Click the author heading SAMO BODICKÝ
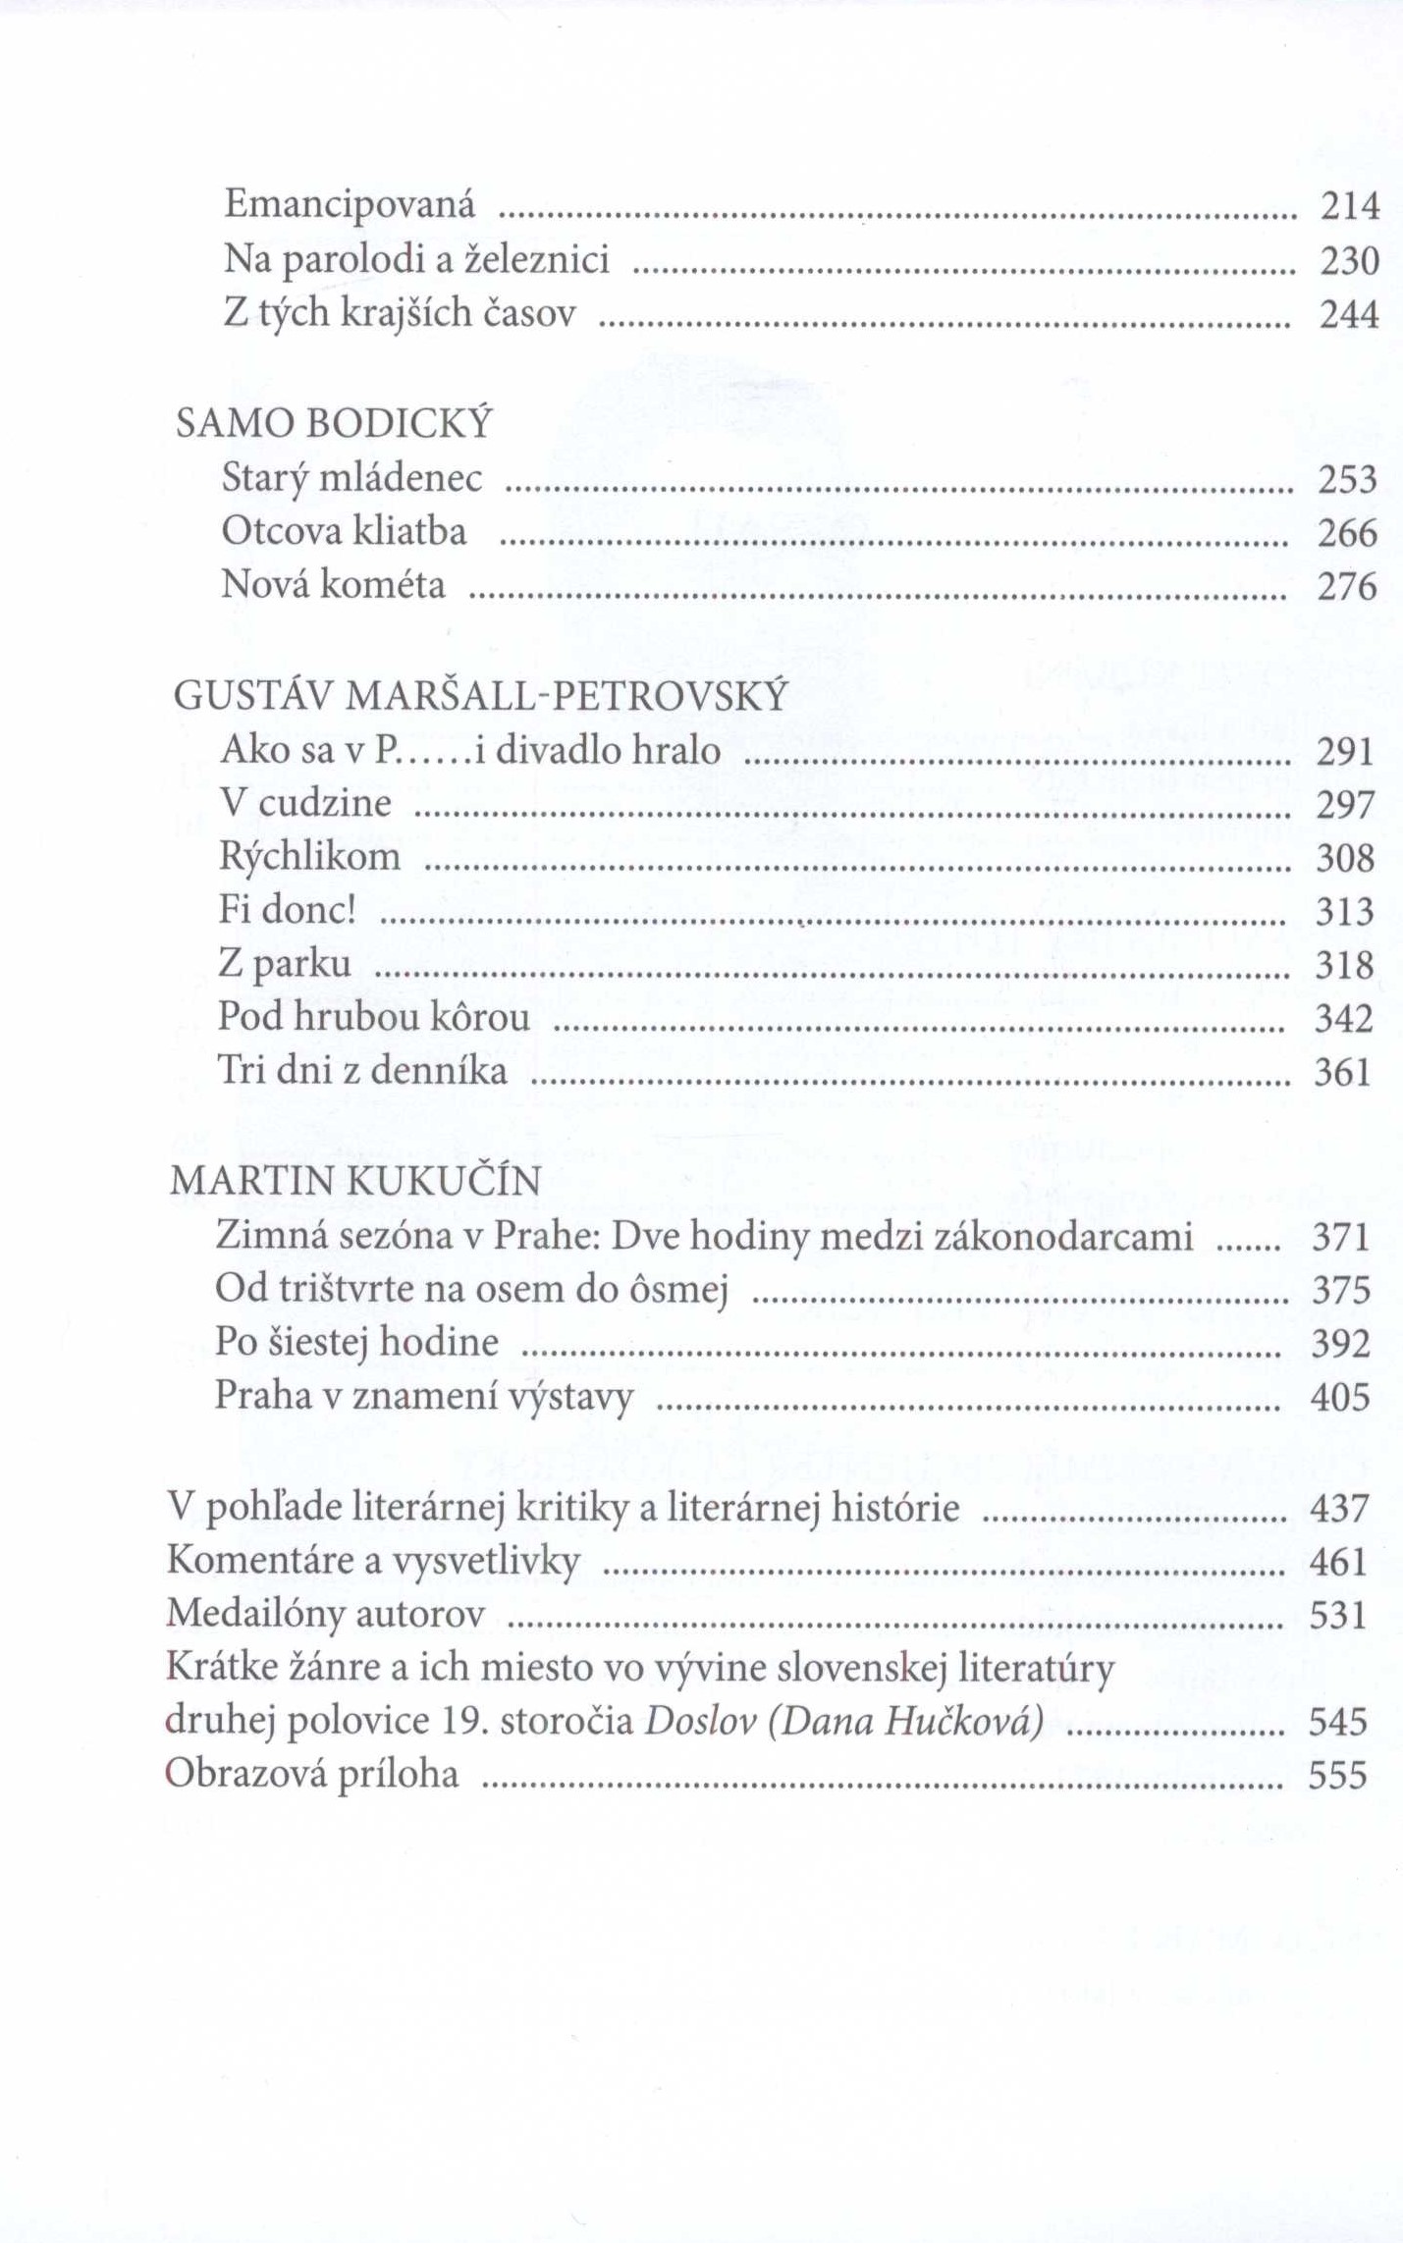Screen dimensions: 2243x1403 (333, 423)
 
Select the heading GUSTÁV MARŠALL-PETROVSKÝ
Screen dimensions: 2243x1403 (480, 696)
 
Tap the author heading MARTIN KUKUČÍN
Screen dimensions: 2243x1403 (355, 1181)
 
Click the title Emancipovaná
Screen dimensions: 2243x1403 (350, 204)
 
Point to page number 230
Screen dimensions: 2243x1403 (1349, 261)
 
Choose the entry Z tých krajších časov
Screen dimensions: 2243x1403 (400, 313)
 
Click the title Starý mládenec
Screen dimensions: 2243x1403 (352, 478)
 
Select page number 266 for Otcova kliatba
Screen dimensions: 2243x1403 (1347, 533)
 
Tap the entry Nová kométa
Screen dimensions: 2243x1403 (333, 585)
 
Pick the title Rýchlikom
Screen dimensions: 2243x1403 (309, 857)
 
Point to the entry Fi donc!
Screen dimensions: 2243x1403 (286, 910)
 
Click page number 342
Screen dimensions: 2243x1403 (1344, 1019)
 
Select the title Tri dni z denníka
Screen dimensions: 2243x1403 (362, 1071)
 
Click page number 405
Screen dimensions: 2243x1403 (1340, 1397)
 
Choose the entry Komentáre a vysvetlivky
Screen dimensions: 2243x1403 (373, 1561)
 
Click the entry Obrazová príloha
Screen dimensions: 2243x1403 (312, 1775)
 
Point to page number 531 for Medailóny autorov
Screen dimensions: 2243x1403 (1338, 1615)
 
